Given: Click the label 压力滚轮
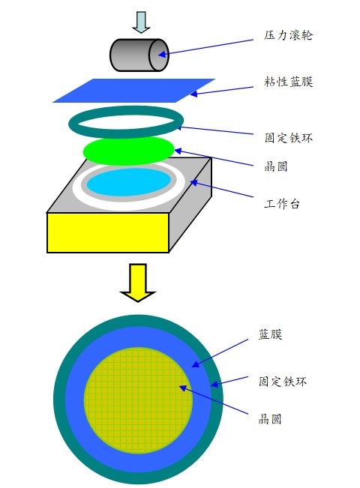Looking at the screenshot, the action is coord(288,34).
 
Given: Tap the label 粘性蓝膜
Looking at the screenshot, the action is coord(288,82).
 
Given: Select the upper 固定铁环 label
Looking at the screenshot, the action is coord(288,138).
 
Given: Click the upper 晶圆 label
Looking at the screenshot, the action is coord(276,166).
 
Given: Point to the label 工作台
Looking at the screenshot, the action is coord(282,204).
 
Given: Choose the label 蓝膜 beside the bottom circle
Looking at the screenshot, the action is coord(270,334).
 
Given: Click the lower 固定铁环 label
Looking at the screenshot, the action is coord(283,382).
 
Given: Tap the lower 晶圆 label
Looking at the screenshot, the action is coord(270,419).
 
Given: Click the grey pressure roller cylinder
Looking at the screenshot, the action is coord(139,55).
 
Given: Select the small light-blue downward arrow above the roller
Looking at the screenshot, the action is coord(142,22).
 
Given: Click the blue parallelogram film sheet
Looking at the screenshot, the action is coord(134,91).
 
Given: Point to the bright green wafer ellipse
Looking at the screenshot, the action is coord(128,151).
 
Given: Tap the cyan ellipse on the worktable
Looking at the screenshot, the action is coord(129,183).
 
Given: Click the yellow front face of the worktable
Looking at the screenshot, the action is coord(108,232).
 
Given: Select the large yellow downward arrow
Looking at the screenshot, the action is coord(138,283).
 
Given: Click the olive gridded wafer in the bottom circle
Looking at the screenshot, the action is coord(138,400).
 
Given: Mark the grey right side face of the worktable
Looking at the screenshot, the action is coord(190,205).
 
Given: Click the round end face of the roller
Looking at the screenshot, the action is coord(159,55).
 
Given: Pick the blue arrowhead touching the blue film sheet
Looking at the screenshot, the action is coord(193,94).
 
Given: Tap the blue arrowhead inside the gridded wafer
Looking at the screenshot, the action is coord(183,388).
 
